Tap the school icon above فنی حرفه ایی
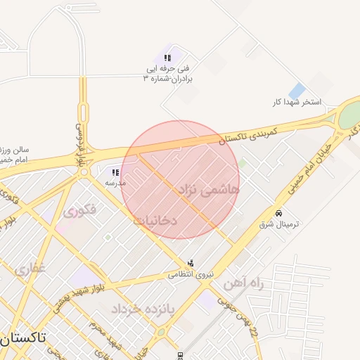click(168, 58)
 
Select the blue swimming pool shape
click(297, 91)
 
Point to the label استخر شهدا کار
click(297, 103)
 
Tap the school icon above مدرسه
click(115, 172)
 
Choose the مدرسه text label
click(115, 182)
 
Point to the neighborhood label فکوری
click(79, 210)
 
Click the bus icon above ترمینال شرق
click(279, 213)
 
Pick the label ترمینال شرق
click(279, 224)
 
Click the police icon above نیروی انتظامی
click(191, 263)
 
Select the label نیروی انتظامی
click(186, 274)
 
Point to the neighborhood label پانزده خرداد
click(137, 308)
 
